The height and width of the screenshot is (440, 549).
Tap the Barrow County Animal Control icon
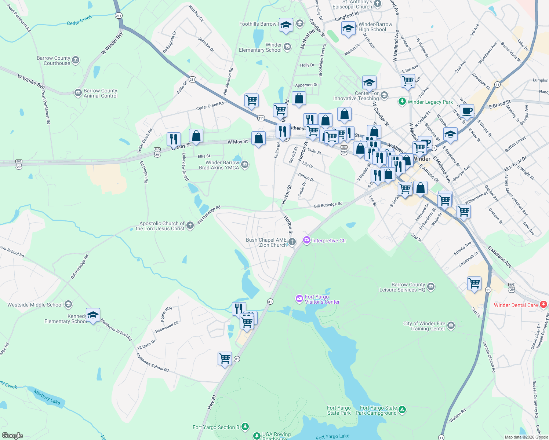[x=78, y=93]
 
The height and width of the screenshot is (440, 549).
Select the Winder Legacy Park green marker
[x=402, y=102]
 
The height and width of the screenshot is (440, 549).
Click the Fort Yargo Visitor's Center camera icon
[x=299, y=299]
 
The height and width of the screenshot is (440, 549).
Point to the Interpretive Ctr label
[x=329, y=241]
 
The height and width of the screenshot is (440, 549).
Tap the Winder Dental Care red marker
[x=543, y=305]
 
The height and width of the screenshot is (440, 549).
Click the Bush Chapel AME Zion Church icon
[x=292, y=242]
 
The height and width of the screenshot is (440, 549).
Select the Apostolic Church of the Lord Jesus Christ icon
[x=190, y=225]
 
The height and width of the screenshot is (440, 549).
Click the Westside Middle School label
[x=35, y=305]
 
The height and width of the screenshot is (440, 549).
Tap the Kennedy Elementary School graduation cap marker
[x=93, y=315]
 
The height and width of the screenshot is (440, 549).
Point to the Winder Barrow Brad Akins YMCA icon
[x=245, y=165]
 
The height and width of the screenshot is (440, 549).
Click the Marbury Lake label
[x=47, y=397]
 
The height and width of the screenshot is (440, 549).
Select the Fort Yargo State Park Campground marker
[x=402, y=410]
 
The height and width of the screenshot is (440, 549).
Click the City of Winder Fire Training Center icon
[x=451, y=326]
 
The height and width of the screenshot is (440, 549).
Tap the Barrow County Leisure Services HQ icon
[x=431, y=287]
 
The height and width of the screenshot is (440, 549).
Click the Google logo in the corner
[x=12, y=435]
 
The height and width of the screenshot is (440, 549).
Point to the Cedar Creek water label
[x=79, y=21]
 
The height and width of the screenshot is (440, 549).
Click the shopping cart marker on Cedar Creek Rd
[x=251, y=100]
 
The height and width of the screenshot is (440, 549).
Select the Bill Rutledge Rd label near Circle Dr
[x=328, y=205]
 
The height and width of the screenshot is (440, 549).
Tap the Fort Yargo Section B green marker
[x=245, y=427]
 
